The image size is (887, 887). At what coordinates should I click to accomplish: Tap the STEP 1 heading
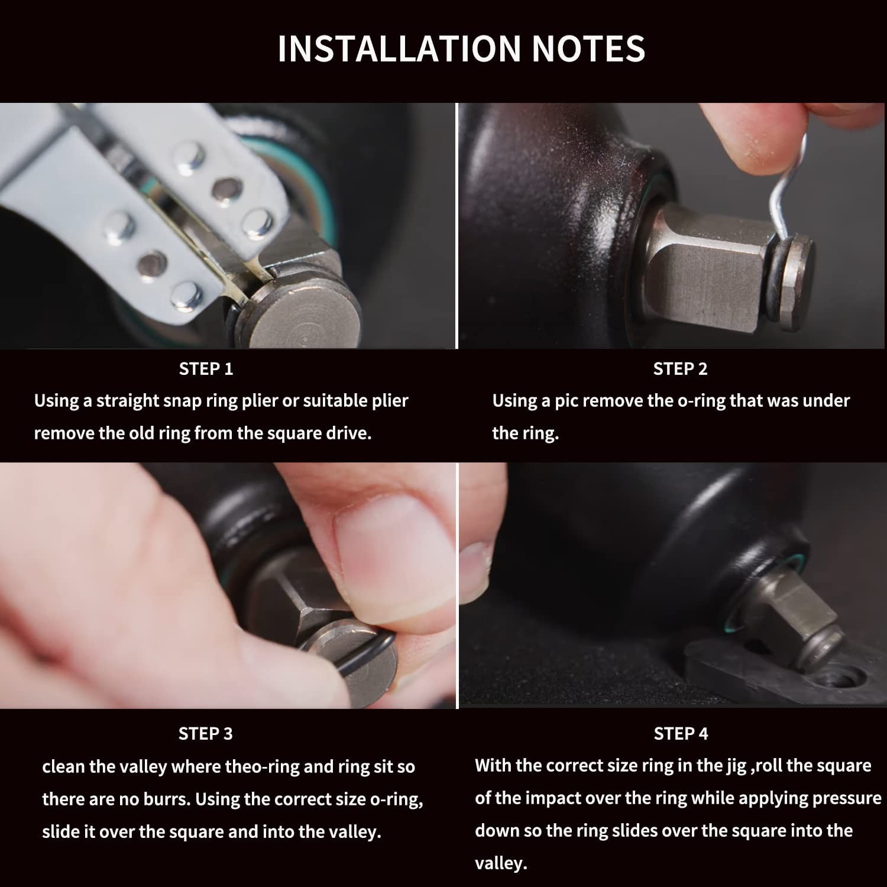206,369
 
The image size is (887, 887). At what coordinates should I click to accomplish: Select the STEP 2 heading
680,369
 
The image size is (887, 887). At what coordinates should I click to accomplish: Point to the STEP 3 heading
206,734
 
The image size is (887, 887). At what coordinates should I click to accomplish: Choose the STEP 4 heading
681,734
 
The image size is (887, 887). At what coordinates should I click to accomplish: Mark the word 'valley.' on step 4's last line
501,864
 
